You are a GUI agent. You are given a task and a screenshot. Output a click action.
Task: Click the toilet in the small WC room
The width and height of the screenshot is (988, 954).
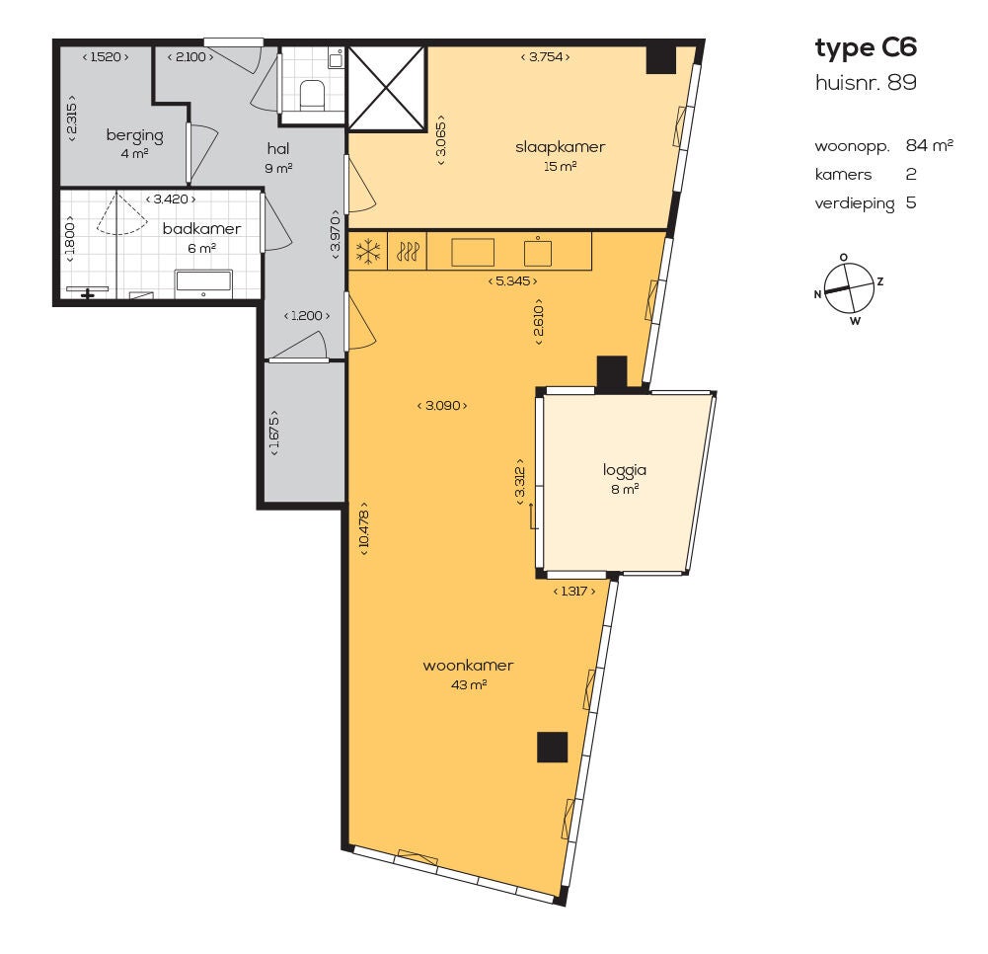pos(311,95)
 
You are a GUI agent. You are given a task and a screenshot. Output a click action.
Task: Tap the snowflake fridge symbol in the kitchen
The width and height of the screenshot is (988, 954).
pos(368,252)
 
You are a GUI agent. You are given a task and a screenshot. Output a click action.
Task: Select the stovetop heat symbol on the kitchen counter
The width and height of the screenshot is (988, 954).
pos(407,252)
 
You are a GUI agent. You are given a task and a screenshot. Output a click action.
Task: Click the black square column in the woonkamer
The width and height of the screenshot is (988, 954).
pos(552,747)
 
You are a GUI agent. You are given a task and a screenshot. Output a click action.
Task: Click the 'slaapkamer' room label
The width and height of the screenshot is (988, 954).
pos(561,147)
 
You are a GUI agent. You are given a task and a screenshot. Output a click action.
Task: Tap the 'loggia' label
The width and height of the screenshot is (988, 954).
pos(625,470)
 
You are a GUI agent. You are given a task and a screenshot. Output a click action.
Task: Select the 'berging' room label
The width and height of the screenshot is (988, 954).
pos(135,135)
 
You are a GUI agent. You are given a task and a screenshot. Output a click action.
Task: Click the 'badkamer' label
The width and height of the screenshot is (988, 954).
pos(201,228)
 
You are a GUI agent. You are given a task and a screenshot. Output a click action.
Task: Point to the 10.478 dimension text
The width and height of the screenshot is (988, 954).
pos(364,528)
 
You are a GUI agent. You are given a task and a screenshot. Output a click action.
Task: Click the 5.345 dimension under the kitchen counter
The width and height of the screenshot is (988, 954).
pos(513,281)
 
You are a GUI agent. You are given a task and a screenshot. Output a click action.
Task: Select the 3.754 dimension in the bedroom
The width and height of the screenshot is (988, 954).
pos(545,56)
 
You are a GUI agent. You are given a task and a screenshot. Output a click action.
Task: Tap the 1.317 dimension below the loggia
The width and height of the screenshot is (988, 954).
pos(574,591)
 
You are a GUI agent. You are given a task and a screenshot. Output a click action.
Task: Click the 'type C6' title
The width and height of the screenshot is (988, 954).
pos(866,48)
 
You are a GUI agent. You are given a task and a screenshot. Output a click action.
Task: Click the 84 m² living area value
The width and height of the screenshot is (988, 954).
pos(930,145)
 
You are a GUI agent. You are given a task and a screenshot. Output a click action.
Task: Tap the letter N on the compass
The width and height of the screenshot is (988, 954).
pos(818,294)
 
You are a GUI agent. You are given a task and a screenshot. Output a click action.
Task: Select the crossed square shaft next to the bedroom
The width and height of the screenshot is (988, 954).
pos(387,88)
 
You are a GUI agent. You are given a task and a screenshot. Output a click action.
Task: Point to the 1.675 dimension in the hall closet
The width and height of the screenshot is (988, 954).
pos(273,433)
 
